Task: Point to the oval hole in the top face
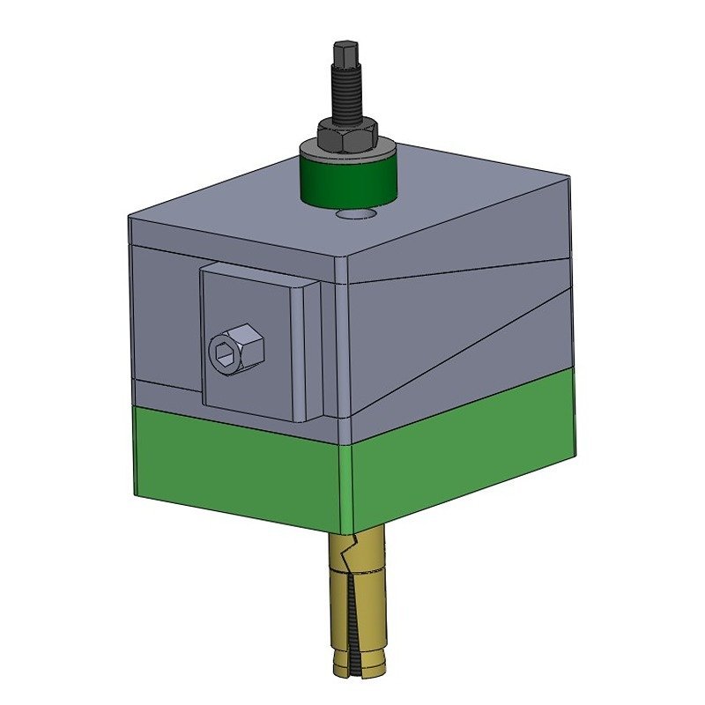(356, 214)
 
